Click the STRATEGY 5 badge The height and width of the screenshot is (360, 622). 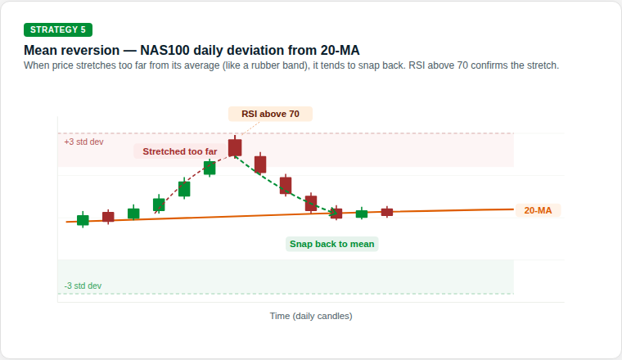[x=58, y=29]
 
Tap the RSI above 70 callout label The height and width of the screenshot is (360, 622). [x=270, y=114]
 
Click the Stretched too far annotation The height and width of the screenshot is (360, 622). [x=180, y=151]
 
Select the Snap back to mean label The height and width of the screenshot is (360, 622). [x=332, y=244]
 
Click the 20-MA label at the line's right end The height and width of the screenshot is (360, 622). [x=538, y=210]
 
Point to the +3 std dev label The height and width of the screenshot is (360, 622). [x=83, y=142]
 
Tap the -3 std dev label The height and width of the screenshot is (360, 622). [x=83, y=286]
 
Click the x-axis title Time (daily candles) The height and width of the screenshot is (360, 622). [x=311, y=315]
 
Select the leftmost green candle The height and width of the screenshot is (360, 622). [x=83, y=219]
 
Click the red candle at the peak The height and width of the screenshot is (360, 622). [x=235, y=147]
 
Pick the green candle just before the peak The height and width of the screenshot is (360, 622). [x=210, y=168]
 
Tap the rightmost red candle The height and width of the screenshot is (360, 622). [x=387, y=212]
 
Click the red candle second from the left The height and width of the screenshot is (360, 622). [x=108, y=217]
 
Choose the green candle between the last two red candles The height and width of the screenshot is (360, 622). [x=362, y=214]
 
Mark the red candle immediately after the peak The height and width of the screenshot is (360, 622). [x=260, y=164]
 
